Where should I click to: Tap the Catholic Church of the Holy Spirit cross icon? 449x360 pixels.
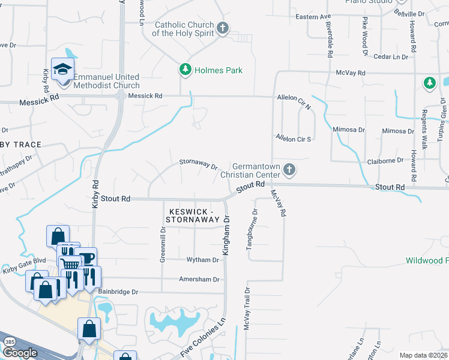pyautogui.click(x=223, y=28)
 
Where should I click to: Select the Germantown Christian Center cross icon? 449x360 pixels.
pyautogui.click(x=289, y=170)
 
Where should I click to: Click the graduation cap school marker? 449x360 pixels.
pyautogui.click(x=62, y=70)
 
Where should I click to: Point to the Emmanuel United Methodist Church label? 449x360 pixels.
pyautogui.click(x=106, y=81)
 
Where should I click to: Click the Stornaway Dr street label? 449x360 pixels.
pyautogui.click(x=198, y=163)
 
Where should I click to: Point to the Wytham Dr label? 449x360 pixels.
pyautogui.click(x=203, y=260)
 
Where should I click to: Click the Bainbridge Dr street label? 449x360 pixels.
pyautogui.click(x=118, y=292)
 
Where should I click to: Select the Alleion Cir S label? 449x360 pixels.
pyautogui.click(x=293, y=138)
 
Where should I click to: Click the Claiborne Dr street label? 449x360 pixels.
pyautogui.click(x=385, y=160)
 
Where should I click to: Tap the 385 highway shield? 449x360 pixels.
pyautogui.click(x=8, y=341)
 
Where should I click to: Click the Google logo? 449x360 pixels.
pyautogui.click(x=20, y=353)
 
